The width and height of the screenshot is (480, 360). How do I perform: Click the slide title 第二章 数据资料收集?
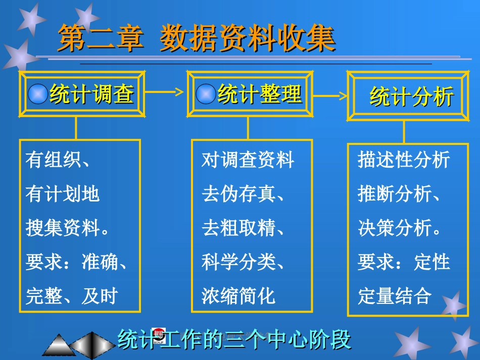(x=197, y=39)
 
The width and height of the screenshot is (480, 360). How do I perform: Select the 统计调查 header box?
(x=81, y=94)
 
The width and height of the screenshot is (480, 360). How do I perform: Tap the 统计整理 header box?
(x=248, y=94)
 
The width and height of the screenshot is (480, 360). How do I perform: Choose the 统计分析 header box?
(x=407, y=96)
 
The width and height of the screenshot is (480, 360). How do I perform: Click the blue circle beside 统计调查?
(x=38, y=94)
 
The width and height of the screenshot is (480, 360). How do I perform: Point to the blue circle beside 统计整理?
(x=206, y=94)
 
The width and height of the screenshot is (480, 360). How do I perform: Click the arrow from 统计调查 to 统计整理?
(x=164, y=92)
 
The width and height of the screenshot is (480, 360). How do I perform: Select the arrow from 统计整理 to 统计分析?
(x=328, y=95)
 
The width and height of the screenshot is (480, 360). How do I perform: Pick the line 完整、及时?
(x=72, y=296)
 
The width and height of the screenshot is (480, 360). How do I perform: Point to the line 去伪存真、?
(x=243, y=194)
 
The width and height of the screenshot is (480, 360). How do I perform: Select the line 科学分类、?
(x=243, y=262)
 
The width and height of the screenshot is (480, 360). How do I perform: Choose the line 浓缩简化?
(x=238, y=296)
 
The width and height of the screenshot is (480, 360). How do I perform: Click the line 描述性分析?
(x=404, y=160)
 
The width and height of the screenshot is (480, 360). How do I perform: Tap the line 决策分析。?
(x=400, y=228)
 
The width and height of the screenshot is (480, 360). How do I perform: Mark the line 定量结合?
(x=395, y=296)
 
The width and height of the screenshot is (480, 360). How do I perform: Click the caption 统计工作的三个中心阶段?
(x=234, y=340)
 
